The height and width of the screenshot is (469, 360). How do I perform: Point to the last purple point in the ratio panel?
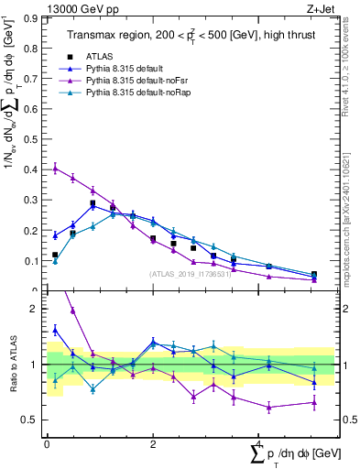point(314,402)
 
